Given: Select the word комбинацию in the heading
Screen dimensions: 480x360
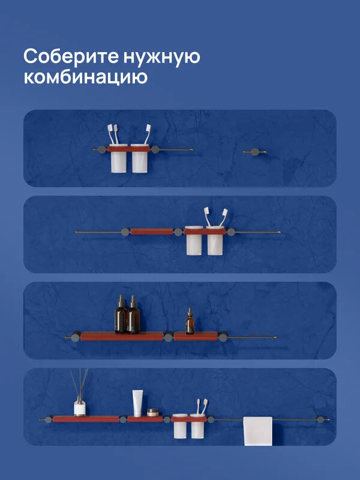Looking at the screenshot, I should click(85, 78).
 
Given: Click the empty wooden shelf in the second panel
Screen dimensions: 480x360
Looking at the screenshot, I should click(151, 231).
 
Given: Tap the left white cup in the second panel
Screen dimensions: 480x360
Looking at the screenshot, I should click(194, 242).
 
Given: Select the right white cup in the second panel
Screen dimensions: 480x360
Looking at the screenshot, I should click(215, 242).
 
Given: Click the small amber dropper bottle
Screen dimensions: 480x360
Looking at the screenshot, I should click(190, 323).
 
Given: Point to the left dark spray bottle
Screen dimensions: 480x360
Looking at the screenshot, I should click(121, 316).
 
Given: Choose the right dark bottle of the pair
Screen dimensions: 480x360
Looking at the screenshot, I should click(133, 316).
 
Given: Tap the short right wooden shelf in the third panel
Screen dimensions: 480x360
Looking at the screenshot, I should click(198, 336).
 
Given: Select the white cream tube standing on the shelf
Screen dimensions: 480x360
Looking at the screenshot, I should click(137, 403).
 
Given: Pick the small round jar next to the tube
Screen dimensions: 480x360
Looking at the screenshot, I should click(152, 412).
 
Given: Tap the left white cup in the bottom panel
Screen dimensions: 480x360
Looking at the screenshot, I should click(180, 428).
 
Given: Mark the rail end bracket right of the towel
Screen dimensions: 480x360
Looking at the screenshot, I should click(320, 419).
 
